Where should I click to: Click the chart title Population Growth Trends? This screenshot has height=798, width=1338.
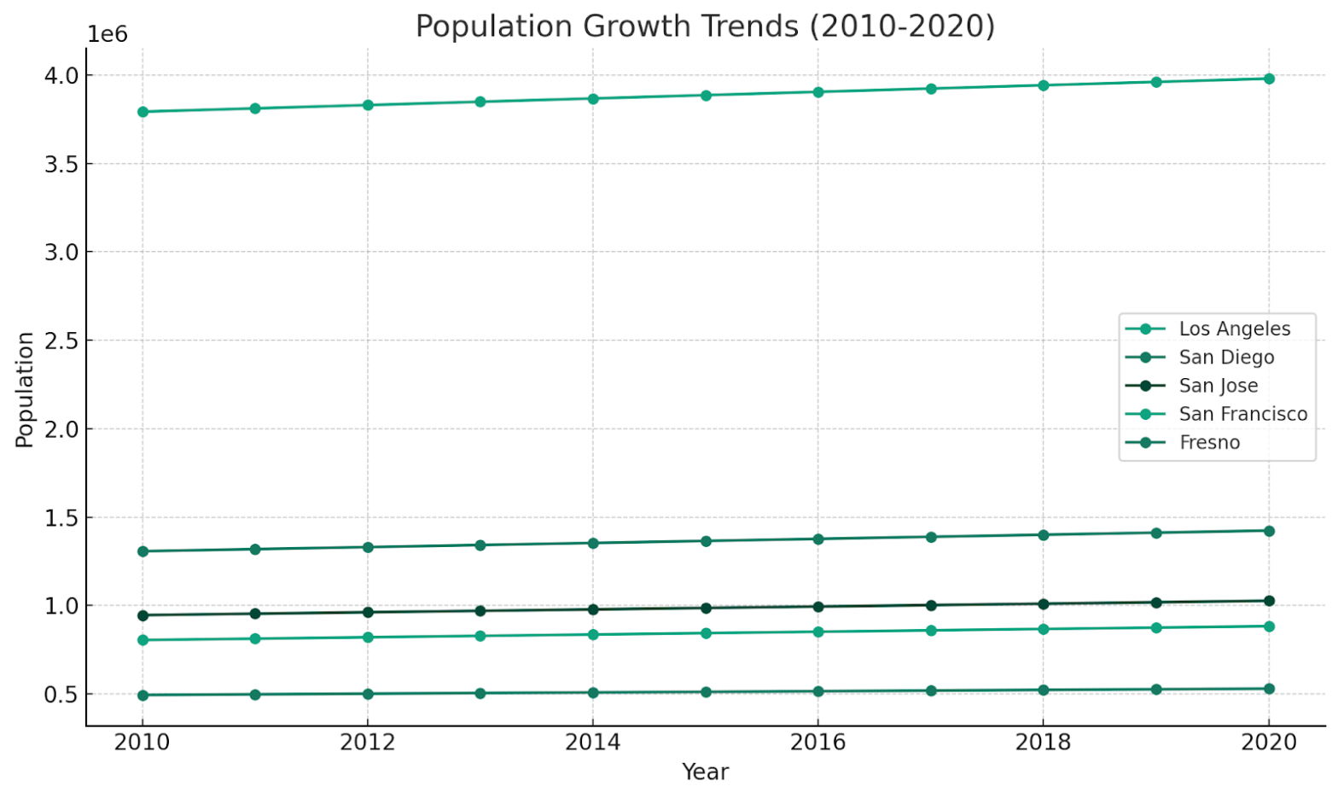click(x=705, y=26)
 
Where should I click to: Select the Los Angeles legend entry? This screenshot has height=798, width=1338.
click(x=1234, y=329)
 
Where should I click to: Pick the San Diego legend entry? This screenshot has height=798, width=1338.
click(x=1226, y=357)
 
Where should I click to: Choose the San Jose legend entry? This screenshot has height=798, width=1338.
click(x=1218, y=386)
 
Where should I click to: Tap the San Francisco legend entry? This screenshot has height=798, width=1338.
click(x=1242, y=414)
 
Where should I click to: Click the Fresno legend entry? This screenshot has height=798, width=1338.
click(x=1209, y=442)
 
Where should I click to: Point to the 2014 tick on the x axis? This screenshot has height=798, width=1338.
click(x=593, y=742)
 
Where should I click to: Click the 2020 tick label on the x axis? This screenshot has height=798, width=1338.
click(x=1269, y=742)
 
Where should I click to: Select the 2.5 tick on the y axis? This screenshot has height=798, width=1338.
click(x=61, y=341)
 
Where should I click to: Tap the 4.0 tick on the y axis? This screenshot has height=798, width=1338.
click(x=61, y=75)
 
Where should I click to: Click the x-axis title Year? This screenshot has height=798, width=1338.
click(x=705, y=772)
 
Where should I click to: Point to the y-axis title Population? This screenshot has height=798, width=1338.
click(x=25, y=389)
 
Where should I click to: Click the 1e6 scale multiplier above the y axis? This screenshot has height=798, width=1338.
click(x=108, y=34)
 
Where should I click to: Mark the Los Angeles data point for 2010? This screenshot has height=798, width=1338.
click(x=143, y=112)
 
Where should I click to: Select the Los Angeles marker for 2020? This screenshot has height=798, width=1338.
click(x=1269, y=79)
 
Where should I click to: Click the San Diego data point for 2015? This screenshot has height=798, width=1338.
click(x=706, y=541)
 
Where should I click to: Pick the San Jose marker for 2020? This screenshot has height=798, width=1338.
click(x=1269, y=601)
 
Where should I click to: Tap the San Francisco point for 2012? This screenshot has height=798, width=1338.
click(x=368, y=638)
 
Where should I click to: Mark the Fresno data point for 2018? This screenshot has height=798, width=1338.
click(x=1043, y=690)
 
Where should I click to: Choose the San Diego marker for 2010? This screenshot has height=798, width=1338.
click(x=143, y=551)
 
